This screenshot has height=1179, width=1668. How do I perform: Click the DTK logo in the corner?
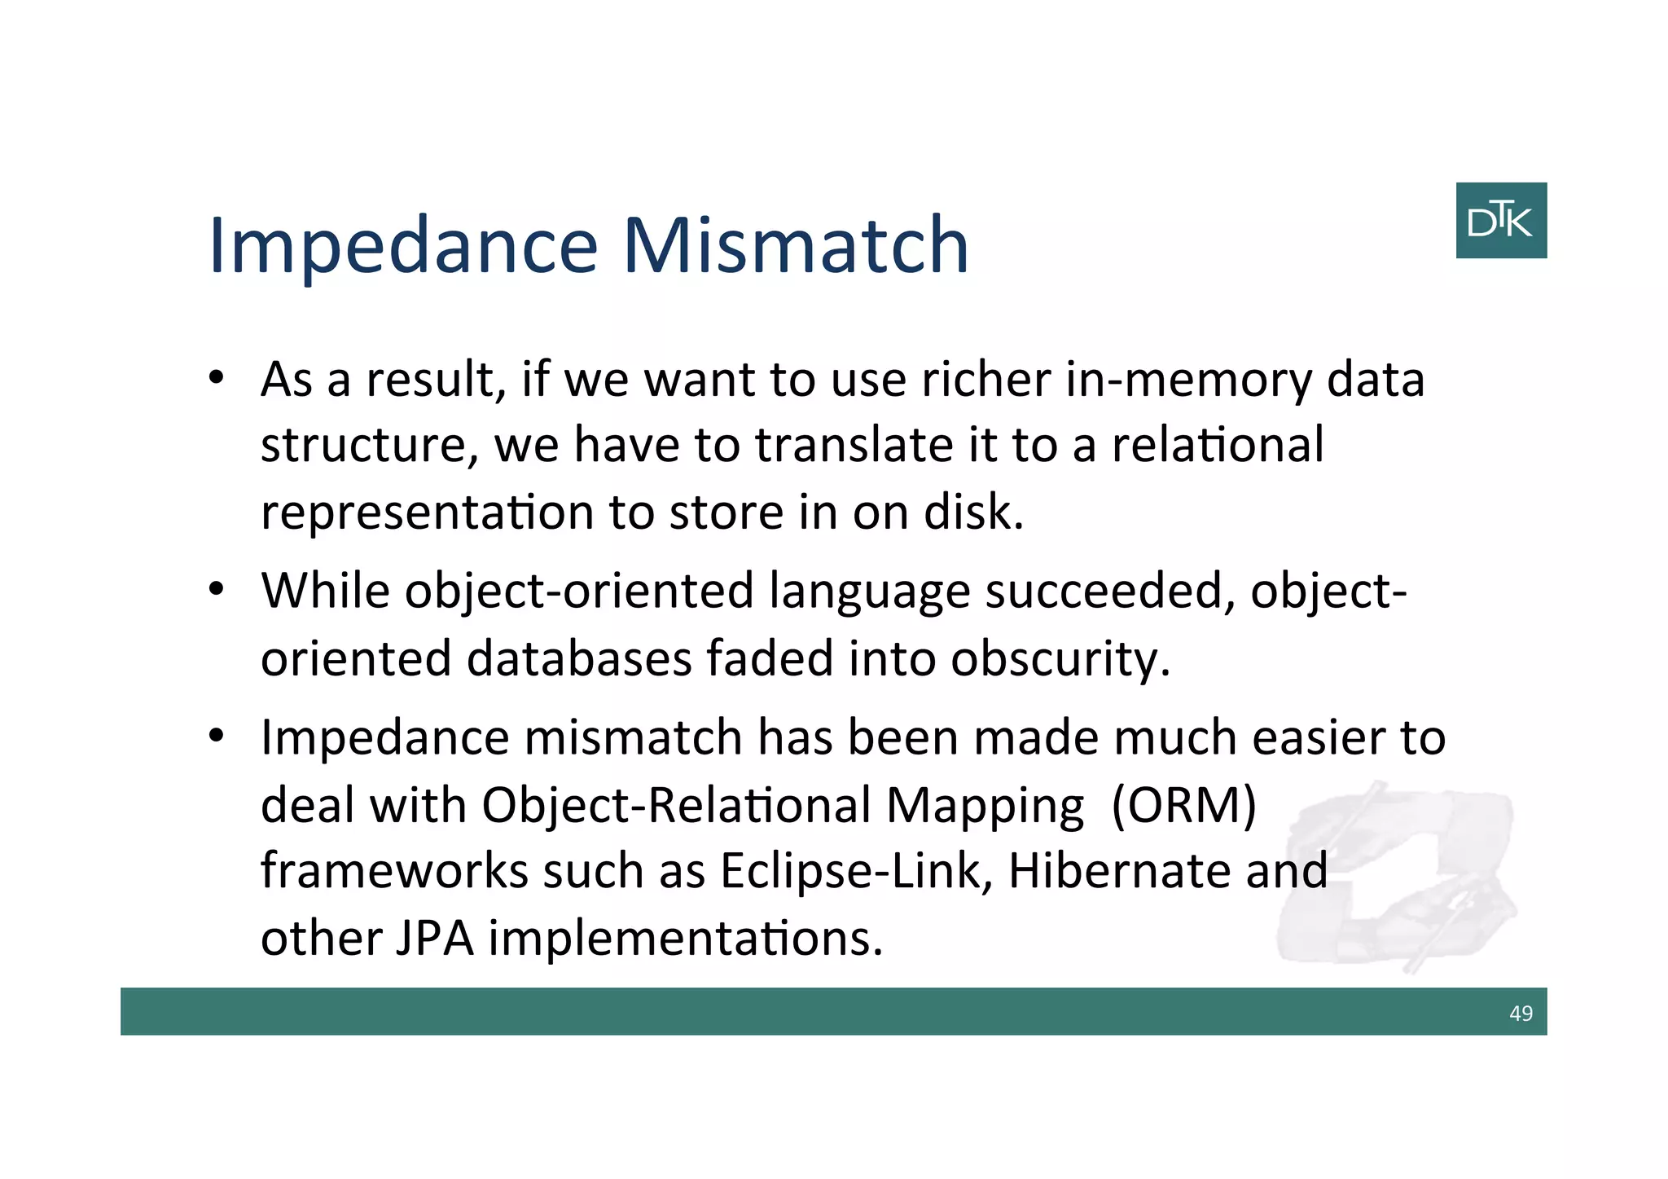point(1500,221)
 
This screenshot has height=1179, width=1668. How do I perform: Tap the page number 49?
point(1521,1013)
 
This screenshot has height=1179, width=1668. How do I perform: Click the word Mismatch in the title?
point(796,245)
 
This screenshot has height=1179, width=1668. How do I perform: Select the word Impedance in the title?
point(403,247)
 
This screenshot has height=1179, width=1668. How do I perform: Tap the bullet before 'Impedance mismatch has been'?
point(216,737)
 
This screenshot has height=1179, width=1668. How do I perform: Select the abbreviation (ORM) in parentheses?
point(1183,805)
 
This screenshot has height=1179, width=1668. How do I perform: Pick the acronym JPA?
point(434,938)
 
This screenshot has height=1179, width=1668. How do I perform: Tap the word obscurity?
point(1060,658)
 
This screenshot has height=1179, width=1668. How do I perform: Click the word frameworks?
point(394,870)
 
